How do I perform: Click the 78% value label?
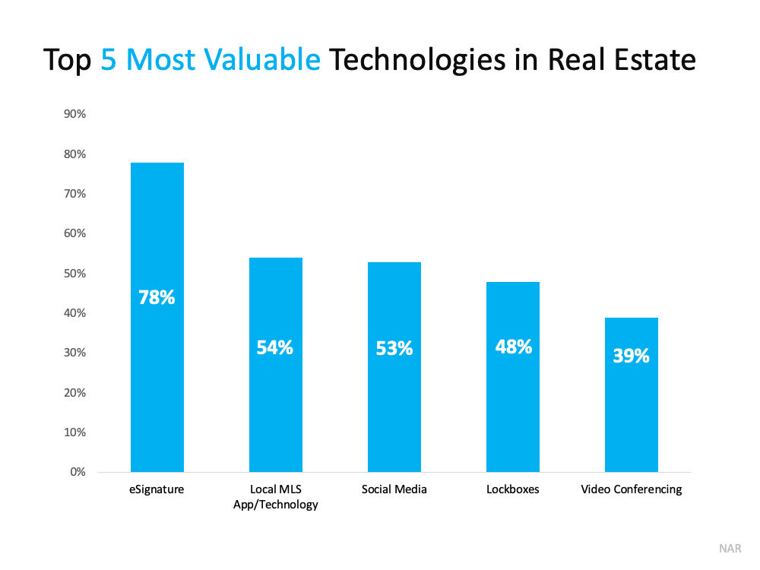click(x=157, y=297)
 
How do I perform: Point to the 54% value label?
click(x=275, y=347)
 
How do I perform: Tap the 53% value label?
click(x=394, y=348)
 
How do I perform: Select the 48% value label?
click(x=513, y=347)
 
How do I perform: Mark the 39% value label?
click(x=632, y=355)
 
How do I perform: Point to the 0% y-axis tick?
click(x=78, y=472)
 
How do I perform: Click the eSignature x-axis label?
click(x=157, y=489)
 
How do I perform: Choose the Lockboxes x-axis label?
click(x=513, y=489)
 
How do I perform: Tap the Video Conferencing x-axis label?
click(x=632, y=489)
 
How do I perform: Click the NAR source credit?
click(x=730, y=549)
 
